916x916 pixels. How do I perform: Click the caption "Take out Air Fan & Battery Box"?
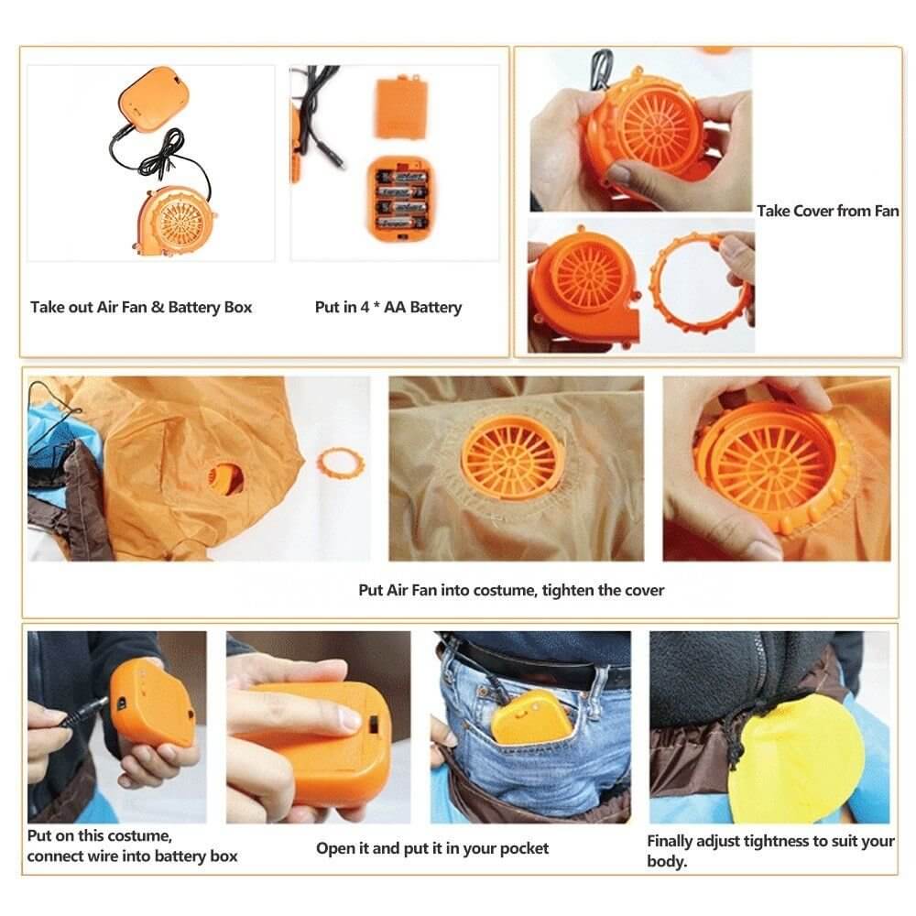coord(141,308)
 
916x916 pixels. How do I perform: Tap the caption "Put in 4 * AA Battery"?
coord(388,308)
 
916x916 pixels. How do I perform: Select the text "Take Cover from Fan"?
coord(827,211)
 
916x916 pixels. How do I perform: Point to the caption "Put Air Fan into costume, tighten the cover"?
coord(511,590)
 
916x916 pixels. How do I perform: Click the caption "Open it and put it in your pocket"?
coord(432,848)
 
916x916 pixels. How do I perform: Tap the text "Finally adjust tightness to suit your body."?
coord(770,851)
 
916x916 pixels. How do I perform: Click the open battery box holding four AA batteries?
coord(401,198)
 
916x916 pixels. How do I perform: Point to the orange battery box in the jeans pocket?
coord(527,714)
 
